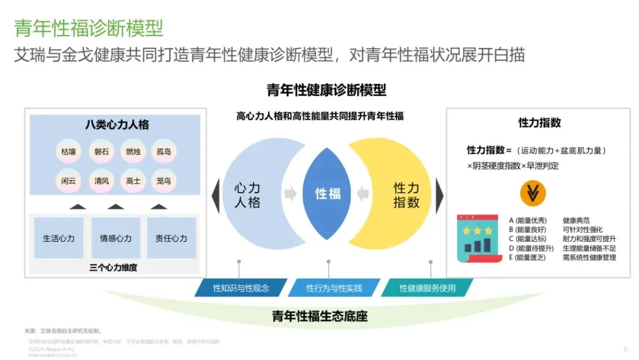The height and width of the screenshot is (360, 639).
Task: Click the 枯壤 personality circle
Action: [68, 151]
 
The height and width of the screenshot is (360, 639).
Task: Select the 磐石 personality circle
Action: [101, 151]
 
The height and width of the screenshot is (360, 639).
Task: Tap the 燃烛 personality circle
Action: [133, 151]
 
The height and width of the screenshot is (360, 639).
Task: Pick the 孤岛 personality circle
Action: [164, 151]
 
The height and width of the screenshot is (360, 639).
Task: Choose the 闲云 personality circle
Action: [68, 181]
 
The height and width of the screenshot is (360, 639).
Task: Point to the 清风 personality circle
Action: [101, 181]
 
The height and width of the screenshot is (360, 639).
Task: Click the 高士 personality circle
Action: [133, 181]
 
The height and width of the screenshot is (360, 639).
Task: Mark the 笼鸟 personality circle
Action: [164, 181]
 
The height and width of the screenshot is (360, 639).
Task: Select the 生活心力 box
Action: [59, 238]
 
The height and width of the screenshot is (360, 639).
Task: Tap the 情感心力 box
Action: [115, 238]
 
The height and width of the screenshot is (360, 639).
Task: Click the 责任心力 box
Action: [171, 238]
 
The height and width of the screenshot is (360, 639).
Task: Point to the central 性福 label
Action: [328, 194]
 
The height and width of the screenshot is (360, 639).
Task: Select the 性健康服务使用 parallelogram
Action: [427, 288]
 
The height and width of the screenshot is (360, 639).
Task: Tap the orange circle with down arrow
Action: [533, 192]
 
